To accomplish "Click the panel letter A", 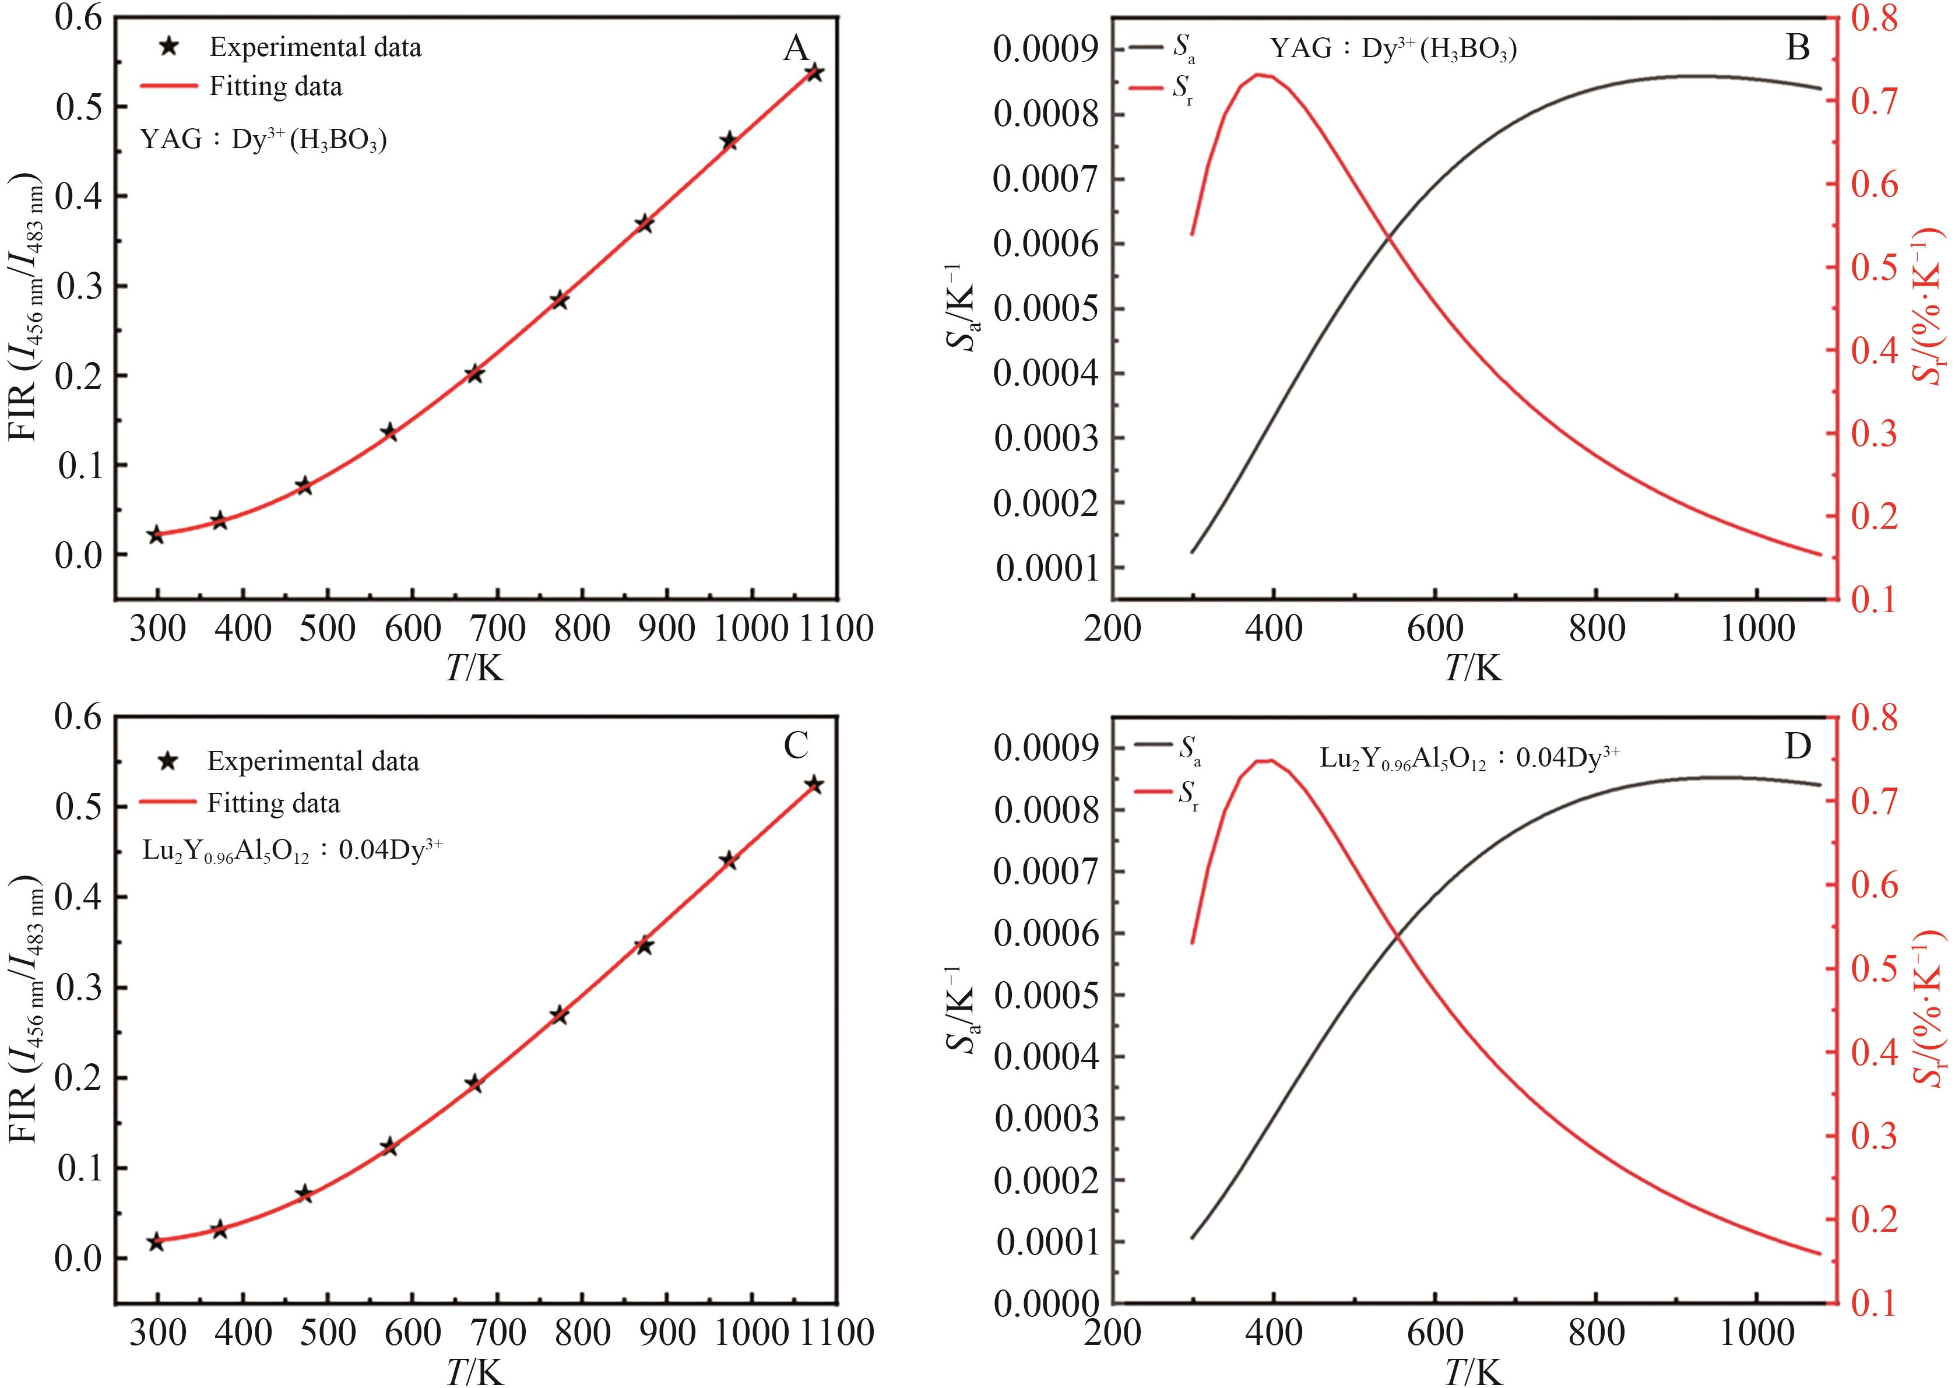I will click(x=796, y=49).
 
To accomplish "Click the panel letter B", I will click(x=1797, y=48).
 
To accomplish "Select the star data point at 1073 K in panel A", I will click(x=814, y=73).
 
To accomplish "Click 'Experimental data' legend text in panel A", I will click(x=315, y=47).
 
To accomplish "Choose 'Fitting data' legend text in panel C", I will click(x=273, y=803).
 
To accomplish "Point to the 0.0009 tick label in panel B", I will click(x=1047, y=50).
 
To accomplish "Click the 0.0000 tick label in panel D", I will click(x=1047, y=1303).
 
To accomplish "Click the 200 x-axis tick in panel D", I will click(x=1113, y=1331).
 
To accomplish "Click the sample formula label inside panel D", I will click(x=1469, y=758).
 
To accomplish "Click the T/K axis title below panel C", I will click(x=475, y=1371).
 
